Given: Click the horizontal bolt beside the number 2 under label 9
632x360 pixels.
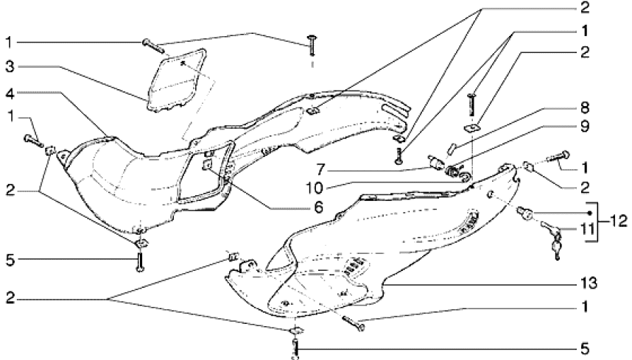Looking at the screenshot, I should [559, 156].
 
